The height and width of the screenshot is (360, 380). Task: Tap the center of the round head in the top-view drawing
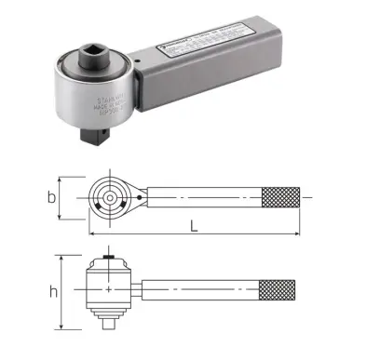click(x=112, y=197)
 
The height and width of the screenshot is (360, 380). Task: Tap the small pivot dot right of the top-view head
click(x=142, y=197)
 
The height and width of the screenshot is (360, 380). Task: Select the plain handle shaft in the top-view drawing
click(x=205, y=197)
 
